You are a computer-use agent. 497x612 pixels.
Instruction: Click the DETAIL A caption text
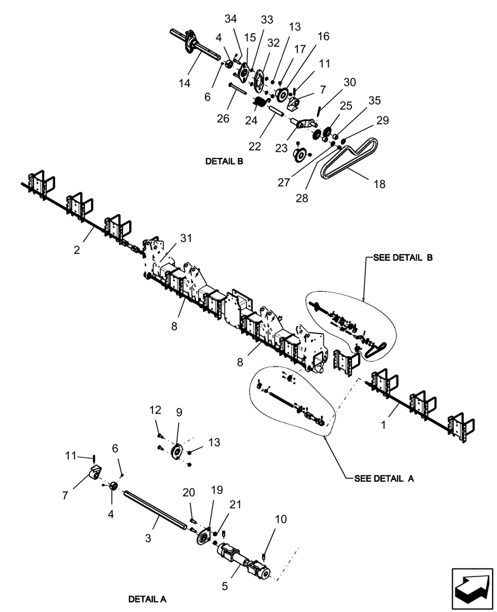147,599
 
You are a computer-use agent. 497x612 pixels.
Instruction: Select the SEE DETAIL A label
384,479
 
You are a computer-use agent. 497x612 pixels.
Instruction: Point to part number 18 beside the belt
379,184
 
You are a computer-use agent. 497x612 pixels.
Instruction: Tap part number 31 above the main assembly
186,237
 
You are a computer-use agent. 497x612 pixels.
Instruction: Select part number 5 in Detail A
225,586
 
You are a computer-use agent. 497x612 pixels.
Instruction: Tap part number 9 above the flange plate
179,412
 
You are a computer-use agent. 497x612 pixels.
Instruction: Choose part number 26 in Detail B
223,118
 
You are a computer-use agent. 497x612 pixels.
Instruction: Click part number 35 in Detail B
373,100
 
